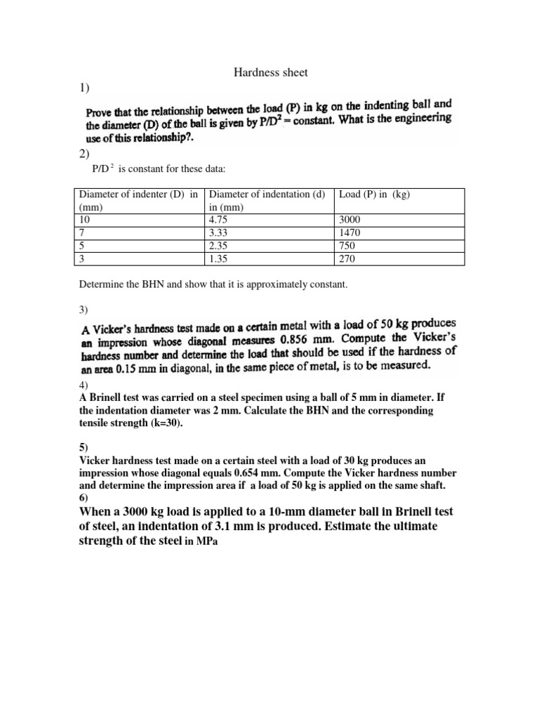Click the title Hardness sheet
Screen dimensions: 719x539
click(x=270, y=72)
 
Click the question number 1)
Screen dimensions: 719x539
click(x=85, y=88)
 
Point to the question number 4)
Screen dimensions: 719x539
click(x=84, y=385)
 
